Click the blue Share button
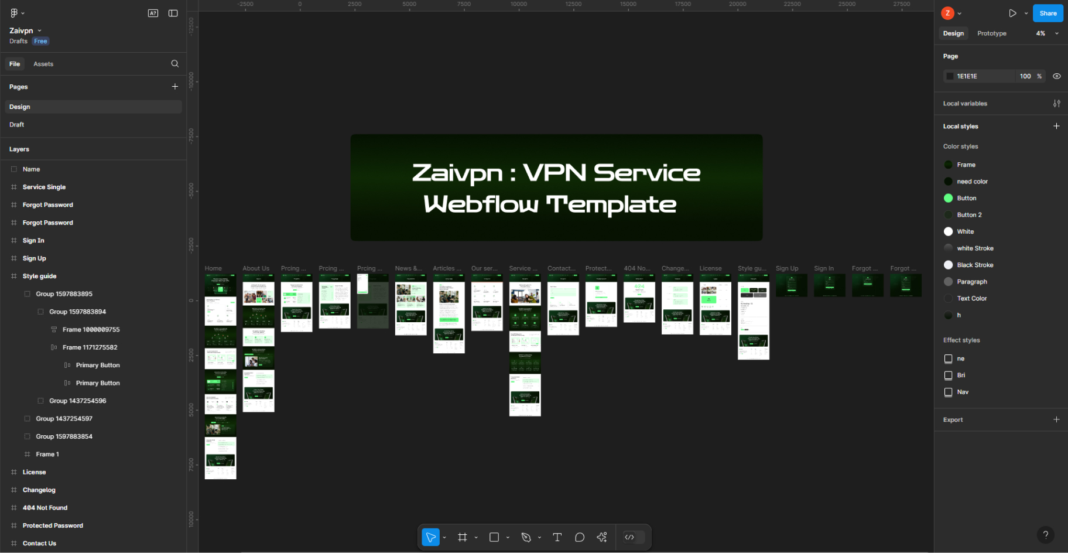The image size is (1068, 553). [x=1048, y=13]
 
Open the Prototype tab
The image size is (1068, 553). [x=991, y=33]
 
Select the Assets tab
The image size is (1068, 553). [x=43, y=64]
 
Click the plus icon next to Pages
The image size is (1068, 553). [x=174, y=87]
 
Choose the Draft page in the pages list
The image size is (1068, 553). [x=17, y=125]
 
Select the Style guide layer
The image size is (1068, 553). [x=39, y=276]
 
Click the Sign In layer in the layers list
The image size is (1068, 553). [x=33, y=240]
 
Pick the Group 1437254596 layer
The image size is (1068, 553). [x=77, y=401]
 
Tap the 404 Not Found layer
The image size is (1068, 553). [x=45, y=508]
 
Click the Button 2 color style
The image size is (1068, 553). [x=969, y=215]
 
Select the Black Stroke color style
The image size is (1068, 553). [x=975, y=265]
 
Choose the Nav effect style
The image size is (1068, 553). [x=963, y=392]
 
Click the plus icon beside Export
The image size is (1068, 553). [x=1056, y=419]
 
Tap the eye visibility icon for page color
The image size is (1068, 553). [x=1056, y=76]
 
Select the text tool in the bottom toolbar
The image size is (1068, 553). [x=557, y=537]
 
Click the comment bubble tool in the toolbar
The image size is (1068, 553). [x=580, y=537]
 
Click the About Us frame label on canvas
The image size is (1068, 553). [x=256, y=268]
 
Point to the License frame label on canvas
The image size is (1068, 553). [x=710, y=268]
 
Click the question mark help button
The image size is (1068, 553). [x=1045, y=534]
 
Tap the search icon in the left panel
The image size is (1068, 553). [x=174, y=64]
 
